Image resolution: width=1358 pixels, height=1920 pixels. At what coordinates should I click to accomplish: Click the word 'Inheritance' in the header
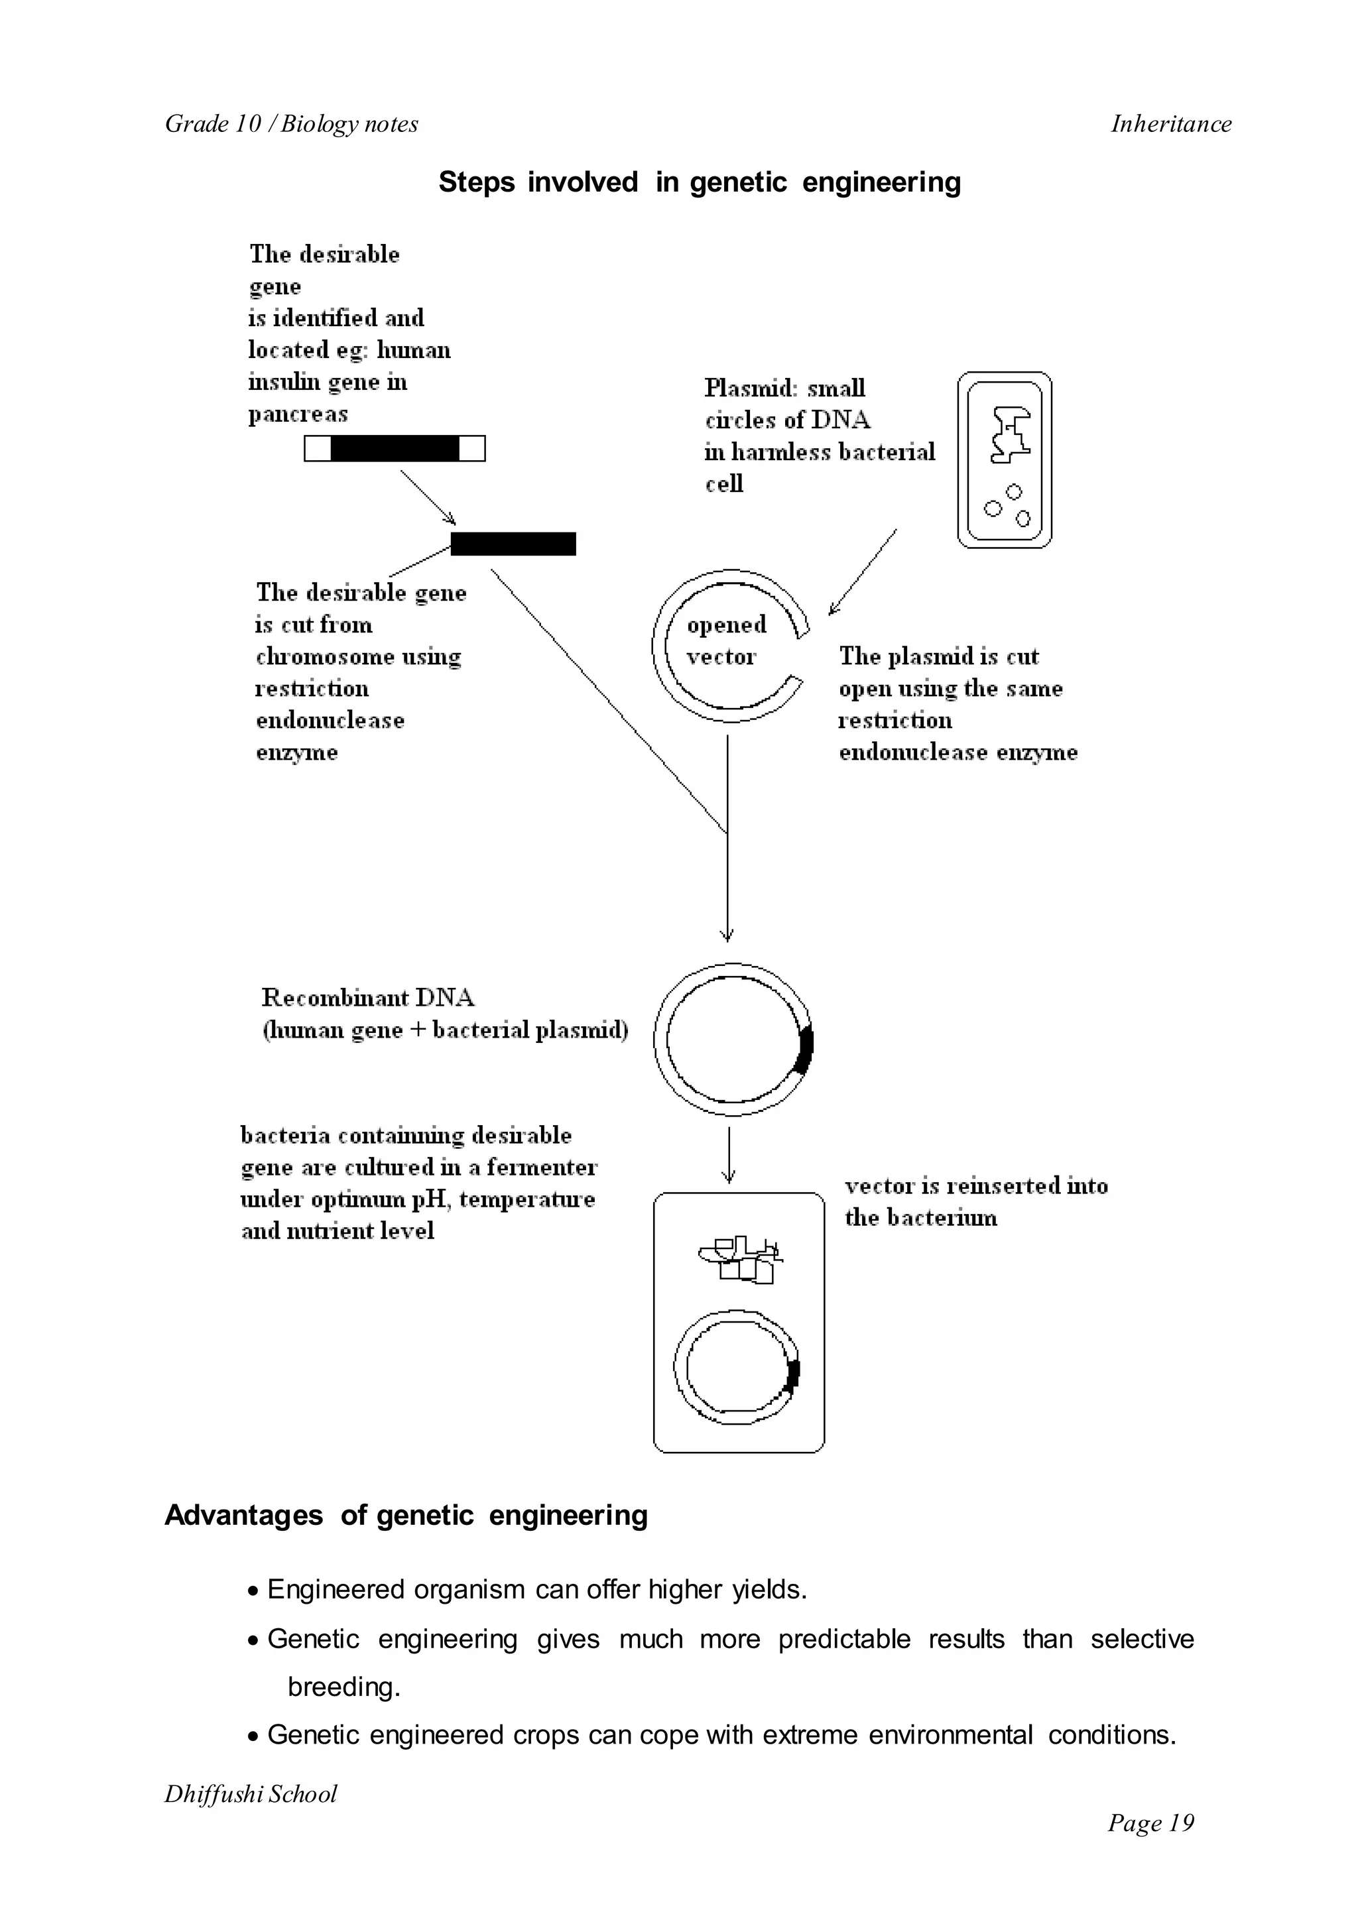click(1171, 124)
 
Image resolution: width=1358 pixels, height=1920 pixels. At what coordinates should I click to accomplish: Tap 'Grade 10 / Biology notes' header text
click(291, 124)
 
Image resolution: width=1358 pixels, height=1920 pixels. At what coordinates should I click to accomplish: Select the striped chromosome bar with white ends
click(394, 449)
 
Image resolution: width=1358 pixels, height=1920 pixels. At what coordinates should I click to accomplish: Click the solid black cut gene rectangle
click(513, 544)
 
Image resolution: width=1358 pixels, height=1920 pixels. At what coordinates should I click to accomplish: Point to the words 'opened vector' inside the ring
click(724, 640)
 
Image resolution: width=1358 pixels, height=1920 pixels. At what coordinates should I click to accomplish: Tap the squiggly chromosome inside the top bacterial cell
click(1009, 435)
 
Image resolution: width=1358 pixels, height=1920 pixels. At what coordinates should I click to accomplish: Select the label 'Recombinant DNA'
click(368, 998)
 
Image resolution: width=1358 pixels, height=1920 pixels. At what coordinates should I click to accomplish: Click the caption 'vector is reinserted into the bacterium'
click(975, 1201)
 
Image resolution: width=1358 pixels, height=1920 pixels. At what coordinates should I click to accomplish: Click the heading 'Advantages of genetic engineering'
click(406, 1516)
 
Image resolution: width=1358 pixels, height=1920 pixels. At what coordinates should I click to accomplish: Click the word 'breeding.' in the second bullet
click(343, 1687)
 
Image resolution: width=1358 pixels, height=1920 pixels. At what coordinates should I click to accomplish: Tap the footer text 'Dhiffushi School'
click(250, 1795)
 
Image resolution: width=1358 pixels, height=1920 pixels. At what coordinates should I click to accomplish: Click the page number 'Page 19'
click(1150, 1823)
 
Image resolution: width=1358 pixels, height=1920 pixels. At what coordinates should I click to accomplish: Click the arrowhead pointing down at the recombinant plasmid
click(727, 935)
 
